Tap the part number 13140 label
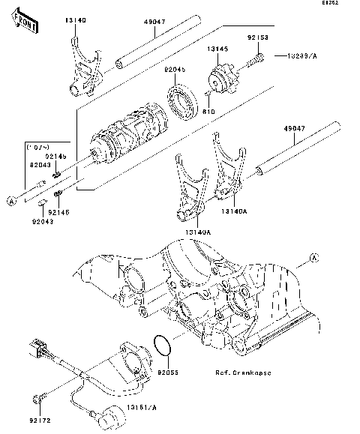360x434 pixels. point(74,22)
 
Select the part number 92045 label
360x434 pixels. point(175,69)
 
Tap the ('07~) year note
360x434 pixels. point(38,146)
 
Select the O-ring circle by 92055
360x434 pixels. point(160,346)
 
